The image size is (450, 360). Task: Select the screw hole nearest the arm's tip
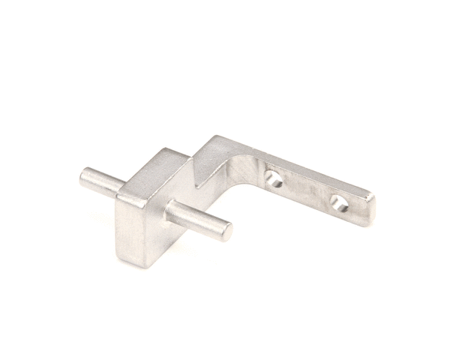339,202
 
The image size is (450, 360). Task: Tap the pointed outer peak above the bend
214,138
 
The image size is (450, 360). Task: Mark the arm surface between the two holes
306,190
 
